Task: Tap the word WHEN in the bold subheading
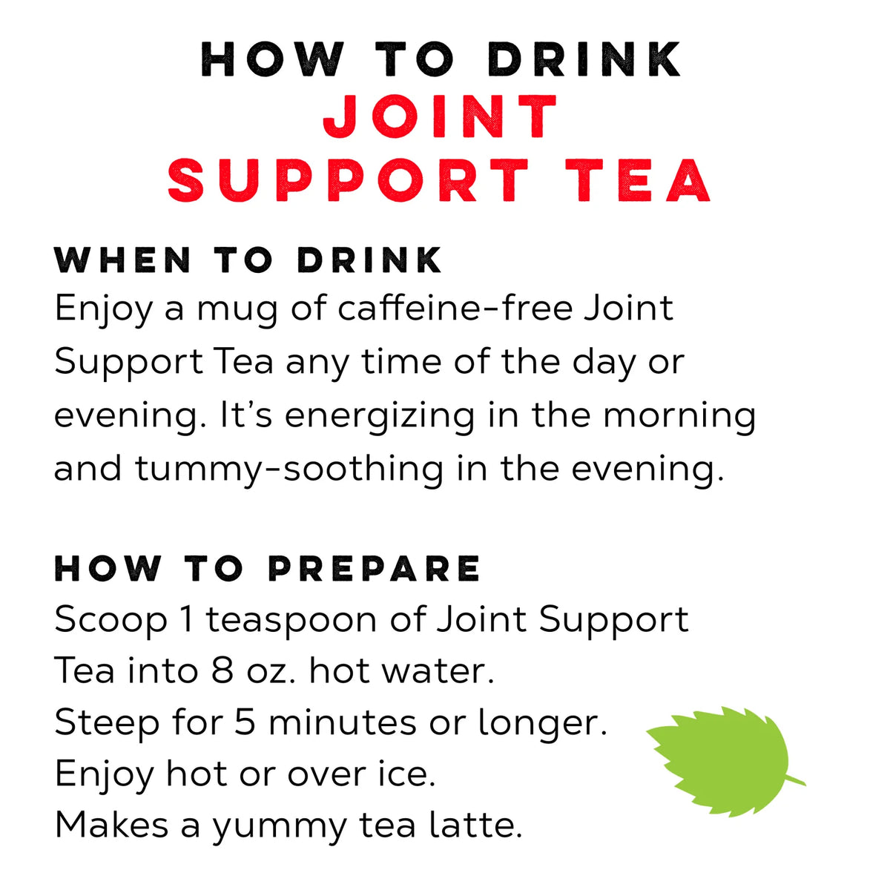123,260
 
